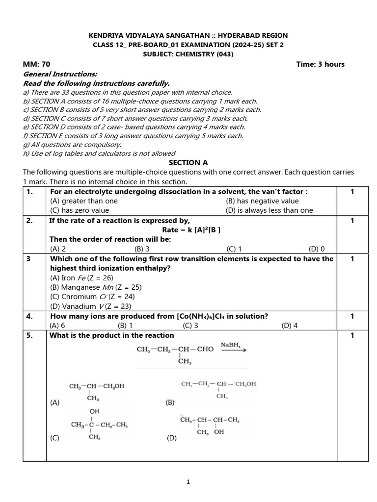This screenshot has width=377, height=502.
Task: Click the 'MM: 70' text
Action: pos(37,64)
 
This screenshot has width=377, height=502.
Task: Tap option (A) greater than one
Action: pos(84,201)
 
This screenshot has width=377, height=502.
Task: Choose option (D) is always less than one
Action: pos(269,210)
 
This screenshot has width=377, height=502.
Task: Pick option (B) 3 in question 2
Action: pos(141,249)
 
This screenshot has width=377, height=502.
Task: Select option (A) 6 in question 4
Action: pos(57,325)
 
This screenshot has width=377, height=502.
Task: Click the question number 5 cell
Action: pos(29,335)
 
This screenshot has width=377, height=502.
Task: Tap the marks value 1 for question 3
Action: pos(352,258)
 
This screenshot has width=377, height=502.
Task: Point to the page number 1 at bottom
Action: pos(188,482)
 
